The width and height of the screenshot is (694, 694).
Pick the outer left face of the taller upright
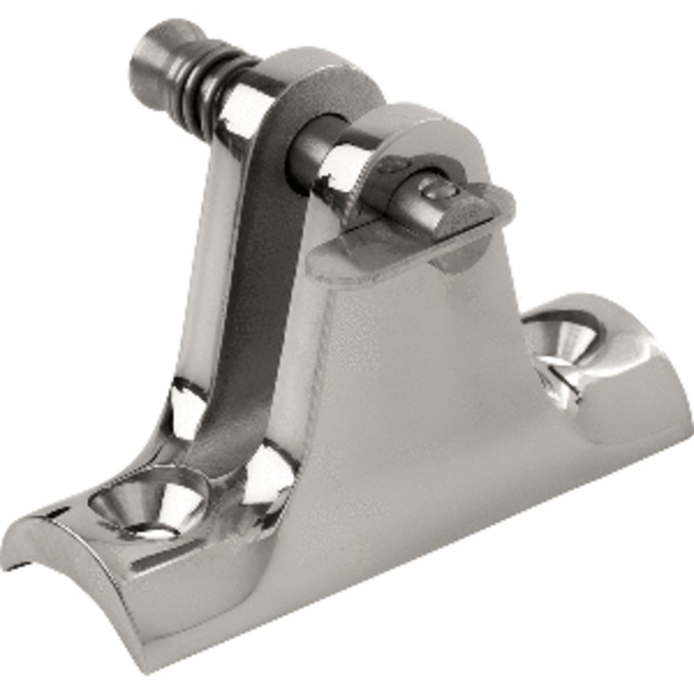click(x=208, y=260)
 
